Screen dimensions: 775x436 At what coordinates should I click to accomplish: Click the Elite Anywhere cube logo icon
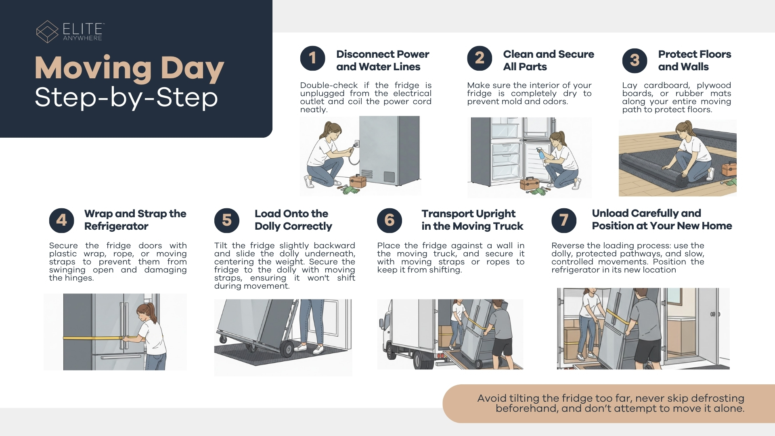pos(47,31)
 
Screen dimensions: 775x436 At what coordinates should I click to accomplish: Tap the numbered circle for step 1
pos(312,58)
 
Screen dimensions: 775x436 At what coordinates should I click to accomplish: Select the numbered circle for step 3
pos(635,61)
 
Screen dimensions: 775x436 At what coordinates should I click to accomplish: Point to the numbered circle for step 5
pos(227,220)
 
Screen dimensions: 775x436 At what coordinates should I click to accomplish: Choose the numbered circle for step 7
pos(564,220)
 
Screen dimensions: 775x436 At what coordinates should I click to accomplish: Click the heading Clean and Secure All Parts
pos(549,61)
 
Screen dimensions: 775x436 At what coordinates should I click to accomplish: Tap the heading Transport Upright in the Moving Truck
pos(472,220)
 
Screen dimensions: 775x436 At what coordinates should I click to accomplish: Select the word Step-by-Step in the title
pos(126,98)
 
